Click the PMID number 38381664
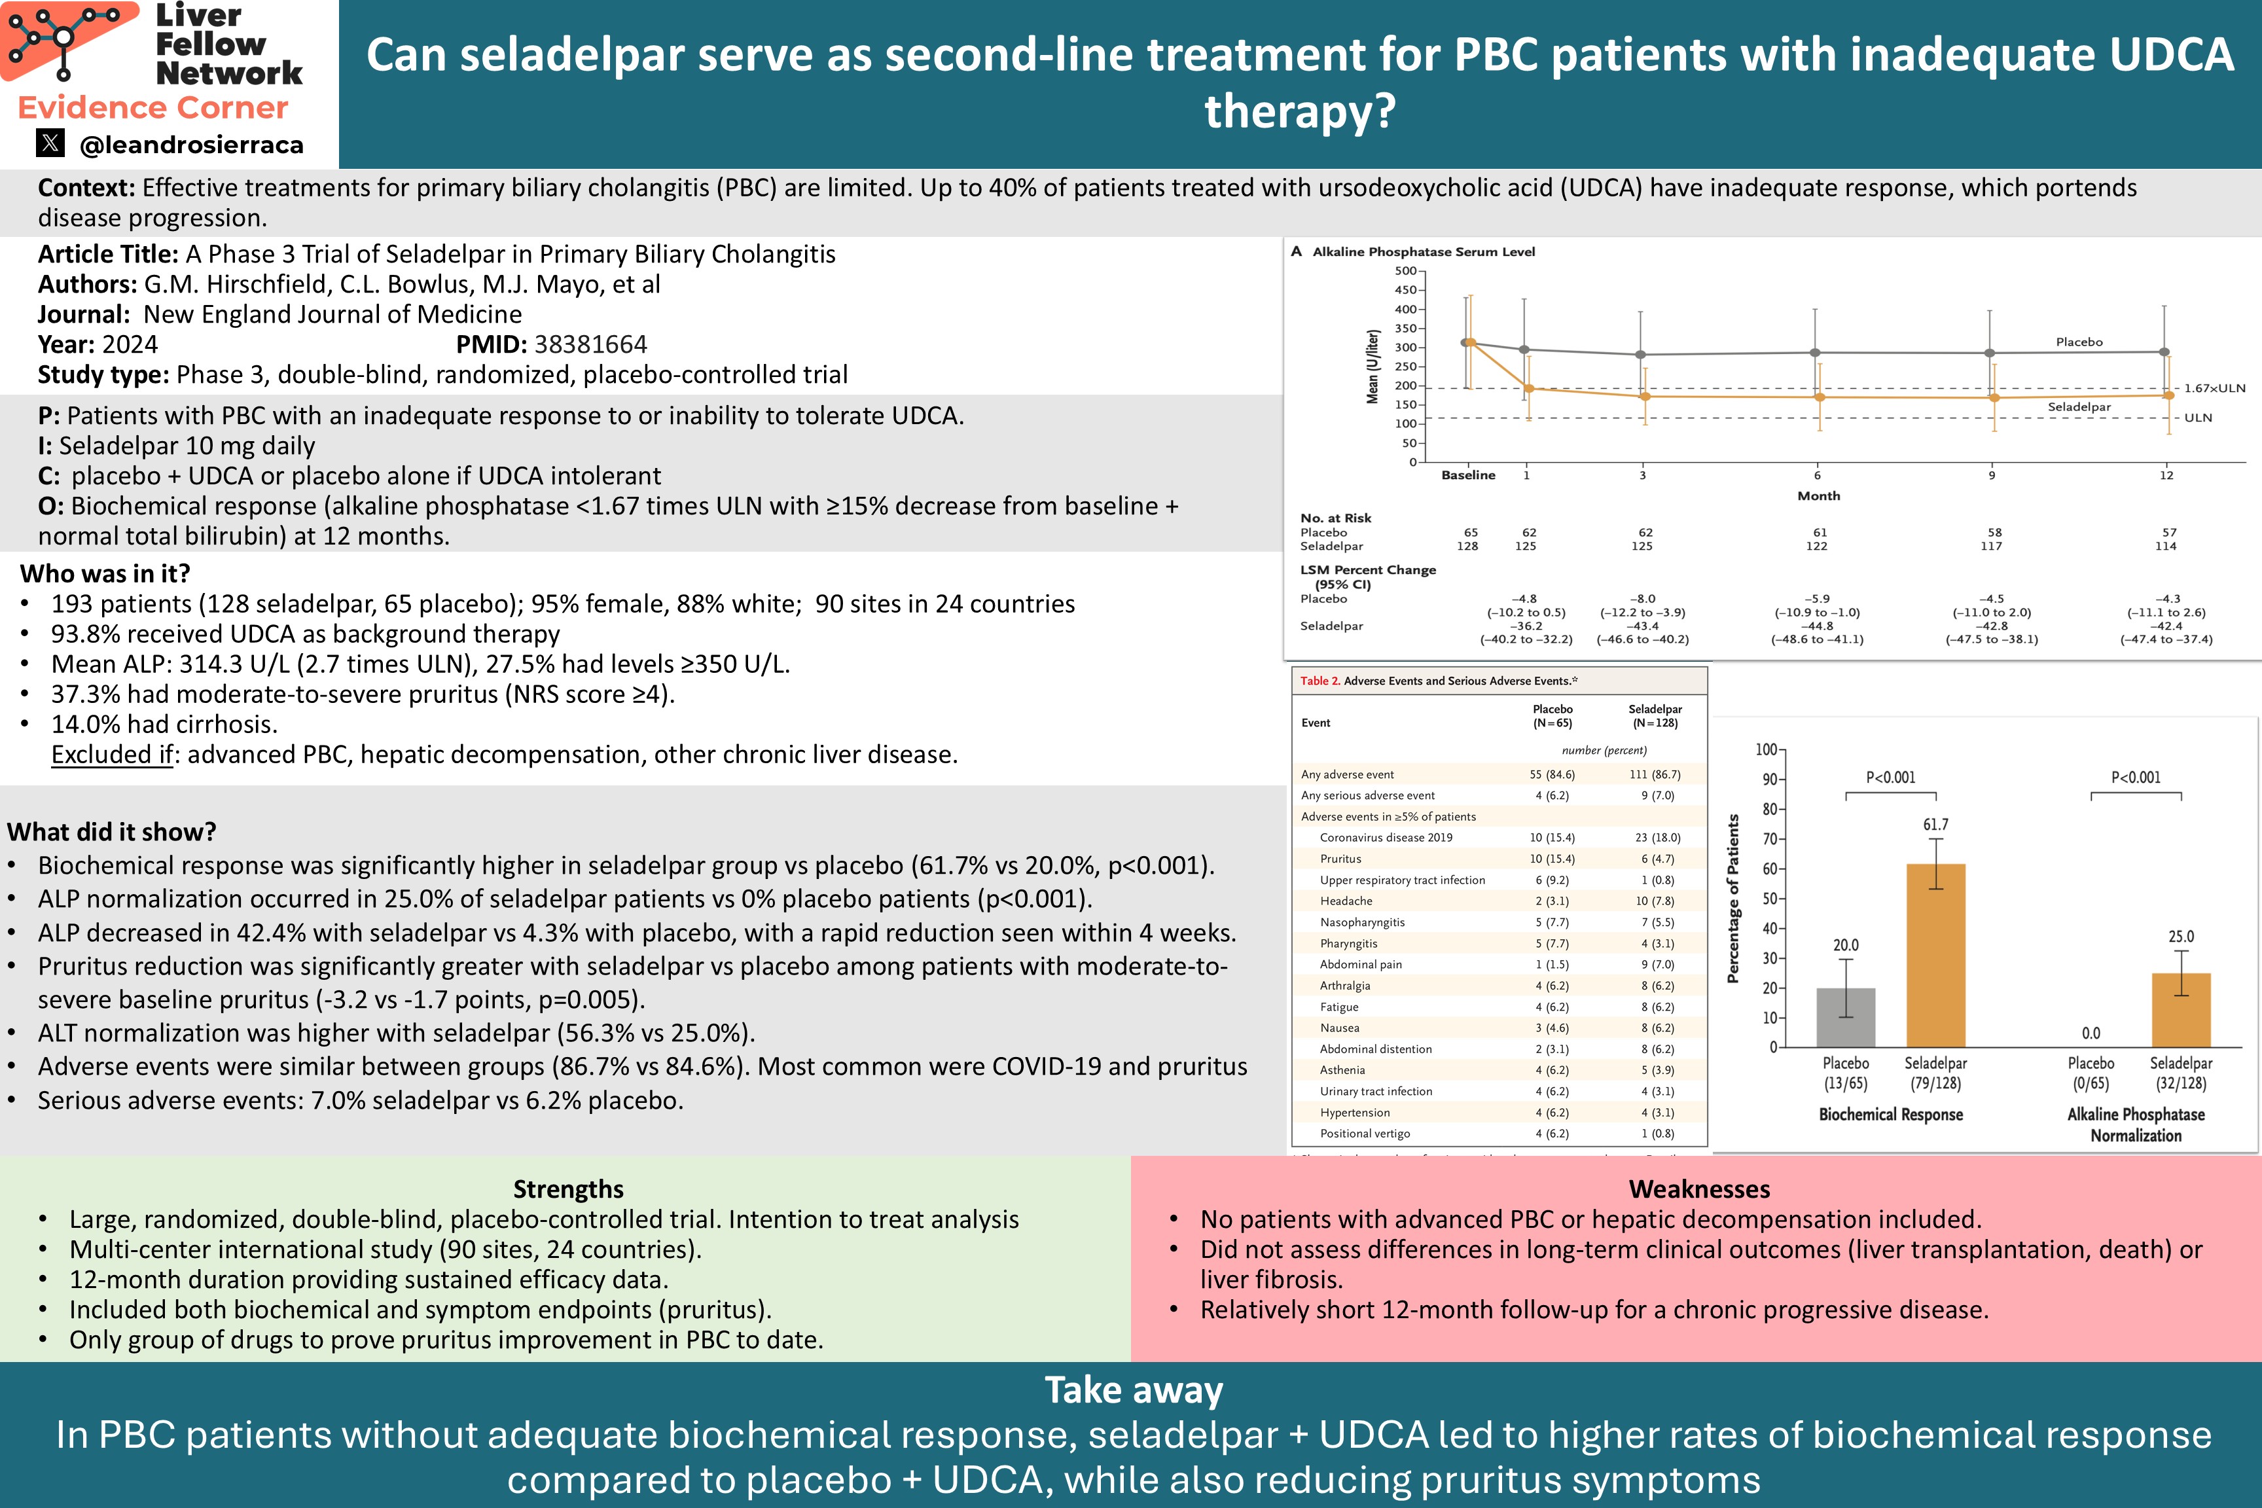590,344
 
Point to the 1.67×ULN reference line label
2214,389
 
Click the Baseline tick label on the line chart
1467,475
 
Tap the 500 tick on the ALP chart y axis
1405,271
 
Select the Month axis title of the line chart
1818,496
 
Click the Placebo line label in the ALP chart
2078,342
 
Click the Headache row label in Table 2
1346,901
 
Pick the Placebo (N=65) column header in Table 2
1553,715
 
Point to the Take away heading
1133,1391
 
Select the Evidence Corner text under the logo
153,108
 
